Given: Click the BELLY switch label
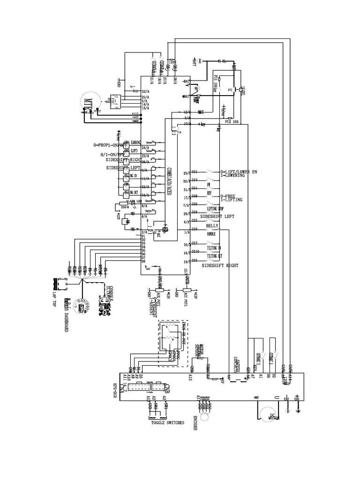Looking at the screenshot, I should [212, 225].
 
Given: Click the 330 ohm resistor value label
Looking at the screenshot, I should [125, 206].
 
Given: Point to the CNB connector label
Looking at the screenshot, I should [167, 388].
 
